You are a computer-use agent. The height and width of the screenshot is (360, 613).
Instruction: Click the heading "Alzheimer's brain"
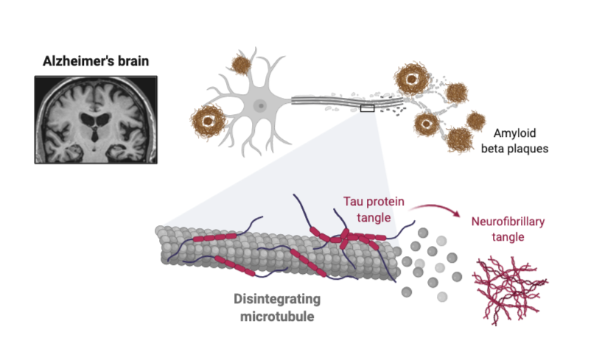click(x=95, y=60)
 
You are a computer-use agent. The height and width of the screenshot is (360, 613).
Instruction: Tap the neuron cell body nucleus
click(x=259, y=105)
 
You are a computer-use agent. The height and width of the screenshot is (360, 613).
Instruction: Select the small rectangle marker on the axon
click(x=367, y=108)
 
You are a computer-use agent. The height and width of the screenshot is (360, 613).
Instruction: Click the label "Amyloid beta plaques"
click(x=523, y=141)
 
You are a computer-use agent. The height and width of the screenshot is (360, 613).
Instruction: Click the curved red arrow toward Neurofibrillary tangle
click(x=432, y=208)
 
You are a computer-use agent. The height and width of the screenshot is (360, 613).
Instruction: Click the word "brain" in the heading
click(x=132, y=60)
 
